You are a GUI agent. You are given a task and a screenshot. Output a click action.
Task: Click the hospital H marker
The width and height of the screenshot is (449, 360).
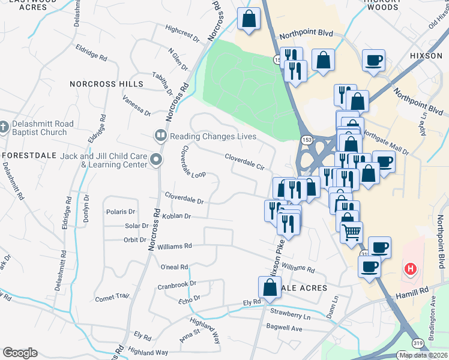point(411,268)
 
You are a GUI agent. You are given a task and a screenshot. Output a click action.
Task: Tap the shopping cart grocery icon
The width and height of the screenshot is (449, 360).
point(351,231)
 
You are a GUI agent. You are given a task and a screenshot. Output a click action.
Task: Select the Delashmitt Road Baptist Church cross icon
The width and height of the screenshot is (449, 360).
point(5,128)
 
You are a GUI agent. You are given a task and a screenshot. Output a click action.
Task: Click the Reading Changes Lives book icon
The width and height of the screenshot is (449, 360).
point(160,136)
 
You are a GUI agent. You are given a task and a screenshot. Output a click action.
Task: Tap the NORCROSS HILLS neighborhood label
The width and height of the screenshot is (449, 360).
point(106,84)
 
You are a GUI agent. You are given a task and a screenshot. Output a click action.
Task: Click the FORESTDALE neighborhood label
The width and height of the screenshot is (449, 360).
point(30,155)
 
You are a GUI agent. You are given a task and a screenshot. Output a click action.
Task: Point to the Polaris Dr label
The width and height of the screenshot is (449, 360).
point(121,211)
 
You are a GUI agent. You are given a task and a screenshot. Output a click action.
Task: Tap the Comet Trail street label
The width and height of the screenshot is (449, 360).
point(112,297)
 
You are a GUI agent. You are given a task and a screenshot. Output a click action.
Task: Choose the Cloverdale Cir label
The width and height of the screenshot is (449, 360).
point(245,161)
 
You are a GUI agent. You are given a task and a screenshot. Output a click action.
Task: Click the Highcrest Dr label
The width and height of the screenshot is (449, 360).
point(182,32)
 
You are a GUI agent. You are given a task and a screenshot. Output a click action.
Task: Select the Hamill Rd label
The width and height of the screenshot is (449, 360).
point(412,291)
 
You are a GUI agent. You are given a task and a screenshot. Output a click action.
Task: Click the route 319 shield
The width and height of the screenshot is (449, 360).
point(417,343)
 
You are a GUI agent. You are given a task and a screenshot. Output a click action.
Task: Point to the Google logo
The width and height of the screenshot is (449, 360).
point(20,353)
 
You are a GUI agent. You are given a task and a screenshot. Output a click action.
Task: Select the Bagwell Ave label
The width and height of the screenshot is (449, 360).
point(285,328)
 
